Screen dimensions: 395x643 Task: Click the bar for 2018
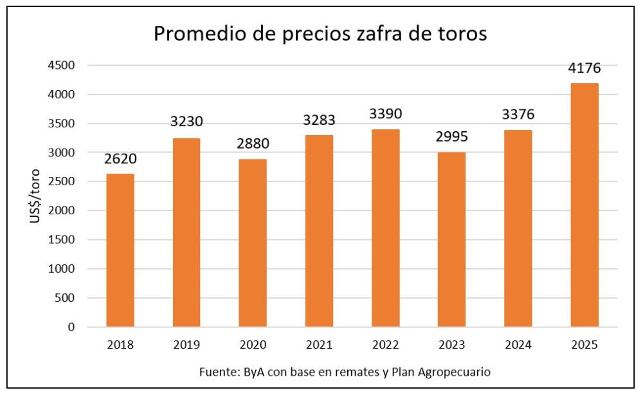pos(120,250)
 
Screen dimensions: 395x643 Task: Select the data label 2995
pos(452,138)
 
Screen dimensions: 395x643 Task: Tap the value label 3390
pos(385,115)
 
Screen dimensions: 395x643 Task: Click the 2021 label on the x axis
pos(319,345)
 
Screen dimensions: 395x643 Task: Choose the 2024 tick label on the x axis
pos(518,345)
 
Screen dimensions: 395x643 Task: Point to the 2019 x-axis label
pos(186,345)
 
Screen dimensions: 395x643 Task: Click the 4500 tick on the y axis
pos(64,66)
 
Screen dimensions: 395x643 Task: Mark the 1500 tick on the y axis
pos(64,240)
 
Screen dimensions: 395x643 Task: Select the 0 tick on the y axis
pos(72,327)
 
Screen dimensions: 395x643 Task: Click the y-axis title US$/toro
pos(35,196)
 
